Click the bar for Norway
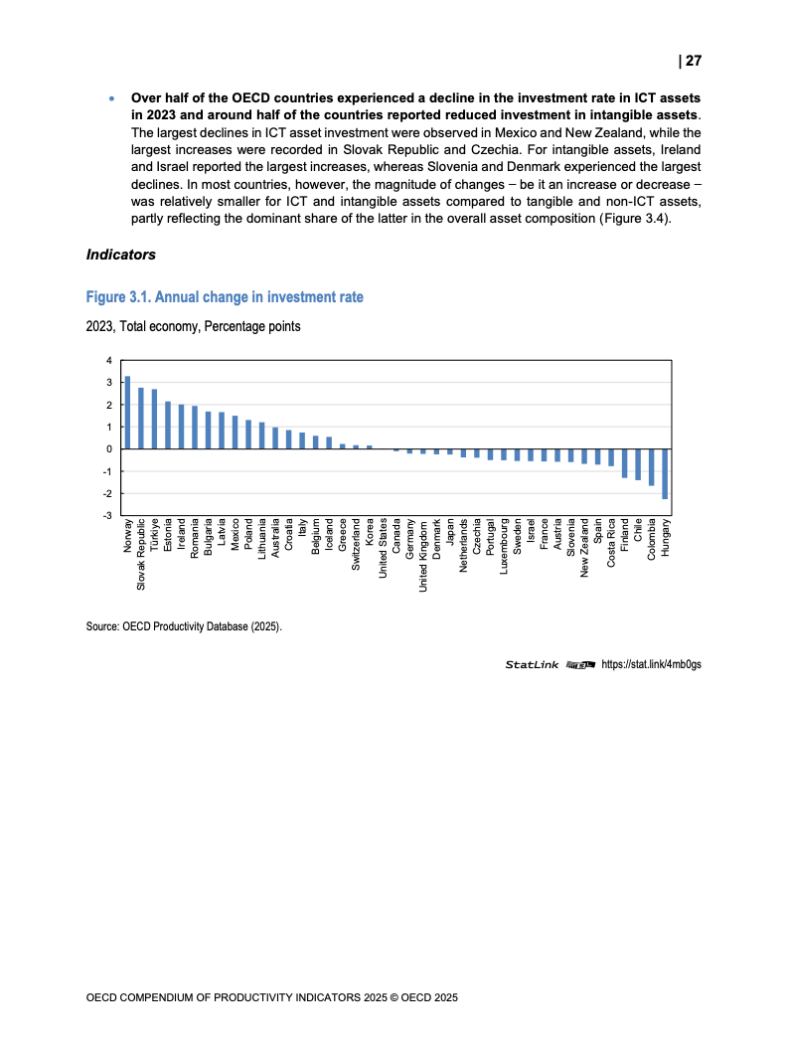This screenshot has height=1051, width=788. tap(127, 413)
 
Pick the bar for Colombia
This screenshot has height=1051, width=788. tap(651, 467)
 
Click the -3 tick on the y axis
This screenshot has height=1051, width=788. tap(108, 516)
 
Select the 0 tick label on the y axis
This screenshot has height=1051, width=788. tap(110, 449)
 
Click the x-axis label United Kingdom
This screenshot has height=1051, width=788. tap(423, 556)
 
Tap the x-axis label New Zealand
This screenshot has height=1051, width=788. tap(585, 550)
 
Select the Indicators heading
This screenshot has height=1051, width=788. tap(121, 255)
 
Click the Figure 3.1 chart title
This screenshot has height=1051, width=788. tap(225, 297)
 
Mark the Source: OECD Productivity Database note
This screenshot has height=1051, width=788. tap(184, 626)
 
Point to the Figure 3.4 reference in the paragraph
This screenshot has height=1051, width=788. tap(636, 220)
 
